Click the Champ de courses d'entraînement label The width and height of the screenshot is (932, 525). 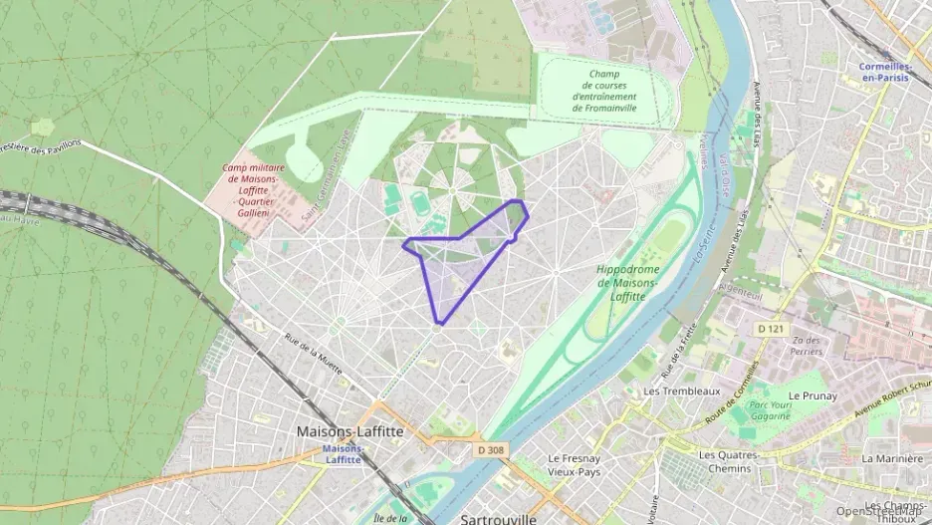(x=611, y=91)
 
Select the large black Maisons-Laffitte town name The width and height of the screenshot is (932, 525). (x=349, y=432)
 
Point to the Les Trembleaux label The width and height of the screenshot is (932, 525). (x=682, y=392)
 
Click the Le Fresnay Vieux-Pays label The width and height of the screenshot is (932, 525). (x=574, y=465)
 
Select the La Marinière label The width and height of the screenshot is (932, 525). (x=891, y=458)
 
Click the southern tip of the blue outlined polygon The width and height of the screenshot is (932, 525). (x=439, y=322)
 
